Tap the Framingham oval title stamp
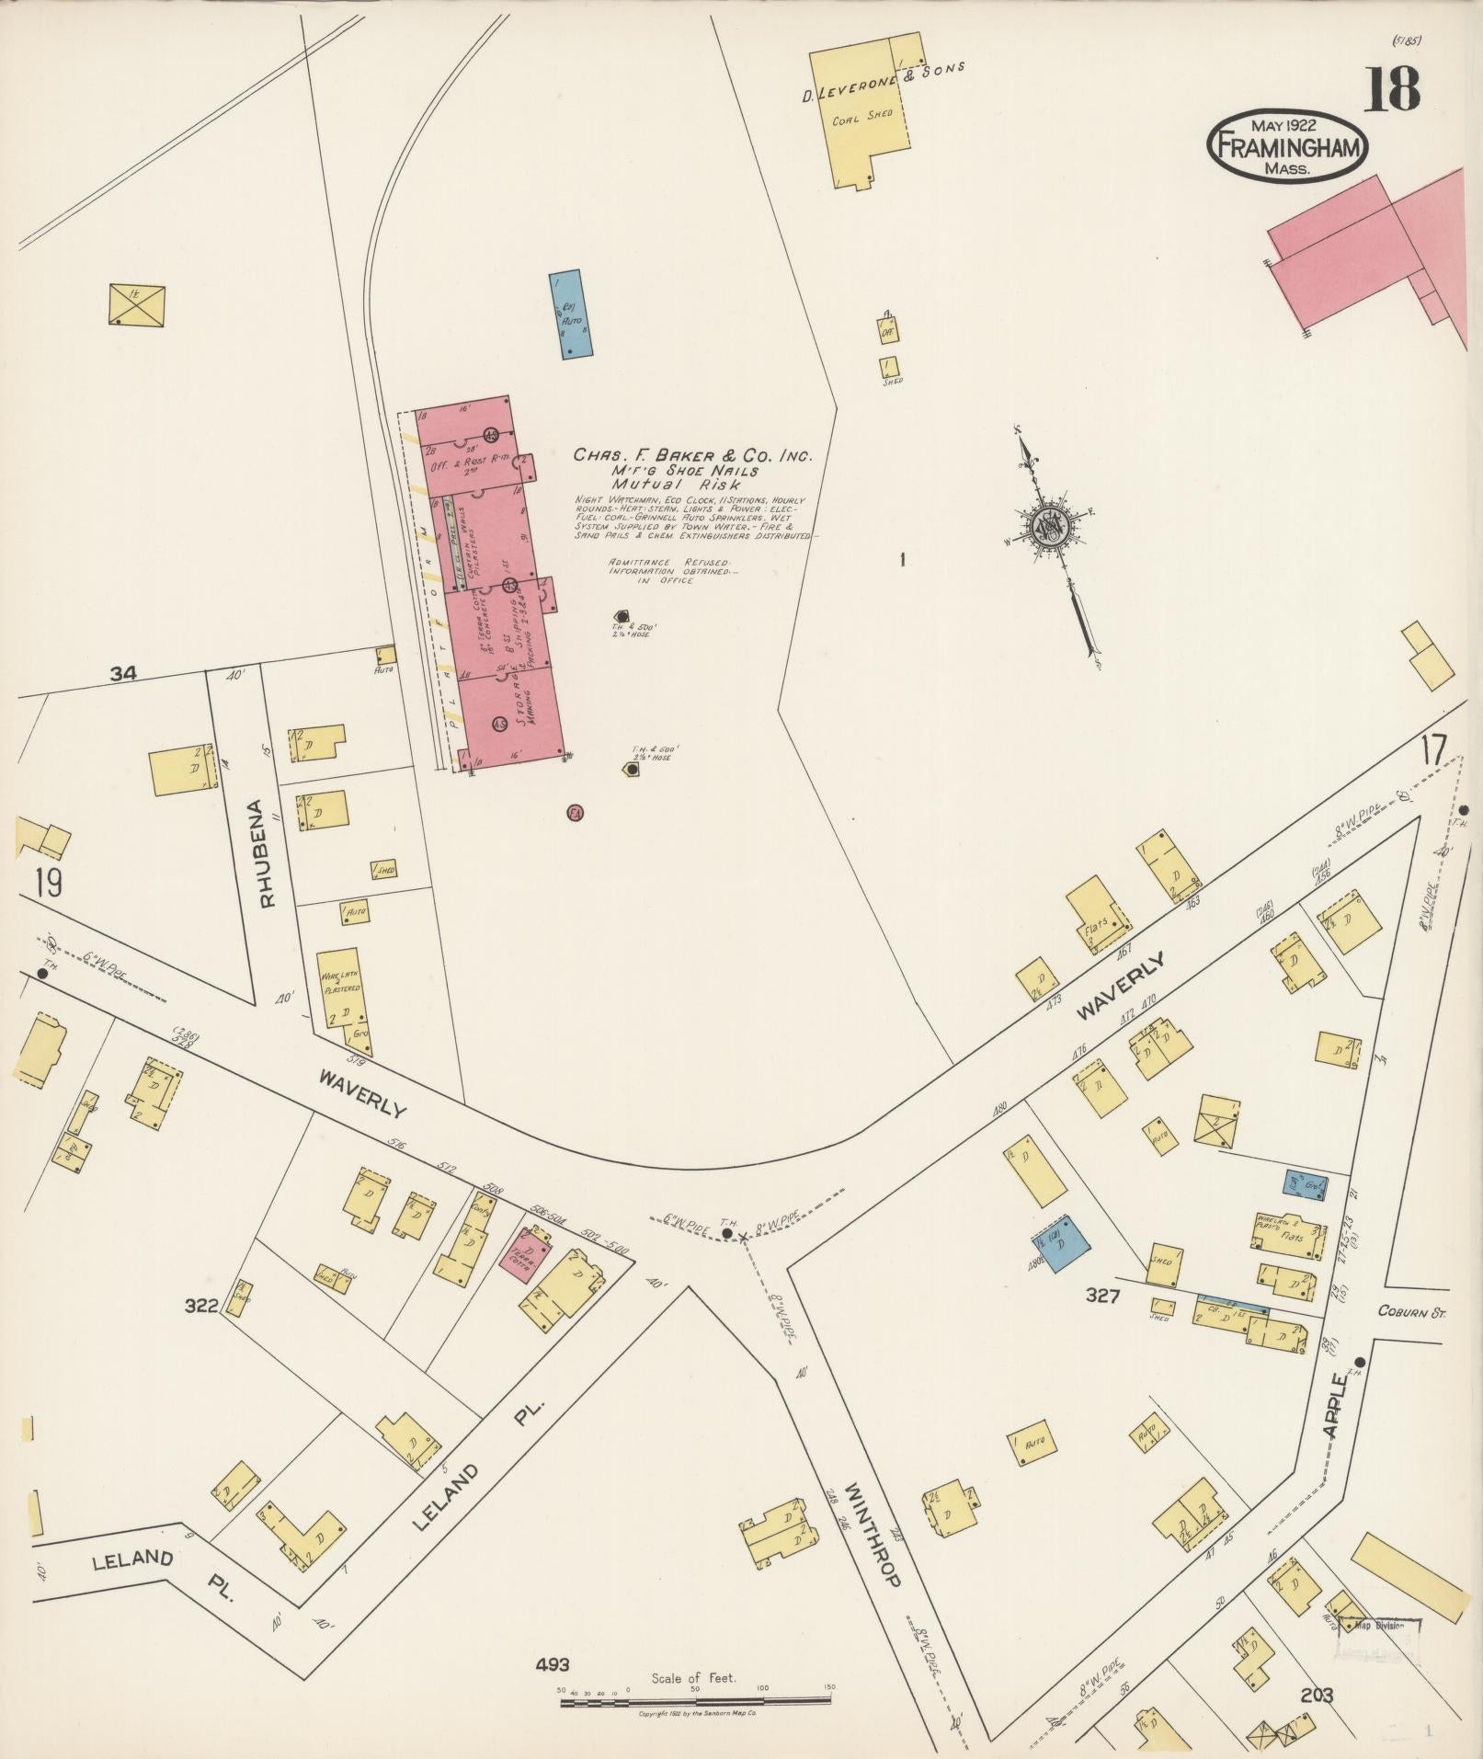point(1287,145)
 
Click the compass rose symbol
point(1047,526)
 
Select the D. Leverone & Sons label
point(883,69)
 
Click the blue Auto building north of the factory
point(571,314)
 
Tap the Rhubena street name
point(268,853)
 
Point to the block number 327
point(1102,1296)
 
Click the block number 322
point(200,1305)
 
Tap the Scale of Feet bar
point(696,1702)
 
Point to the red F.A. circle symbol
point(576,812)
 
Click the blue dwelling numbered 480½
point(1062,1243)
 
